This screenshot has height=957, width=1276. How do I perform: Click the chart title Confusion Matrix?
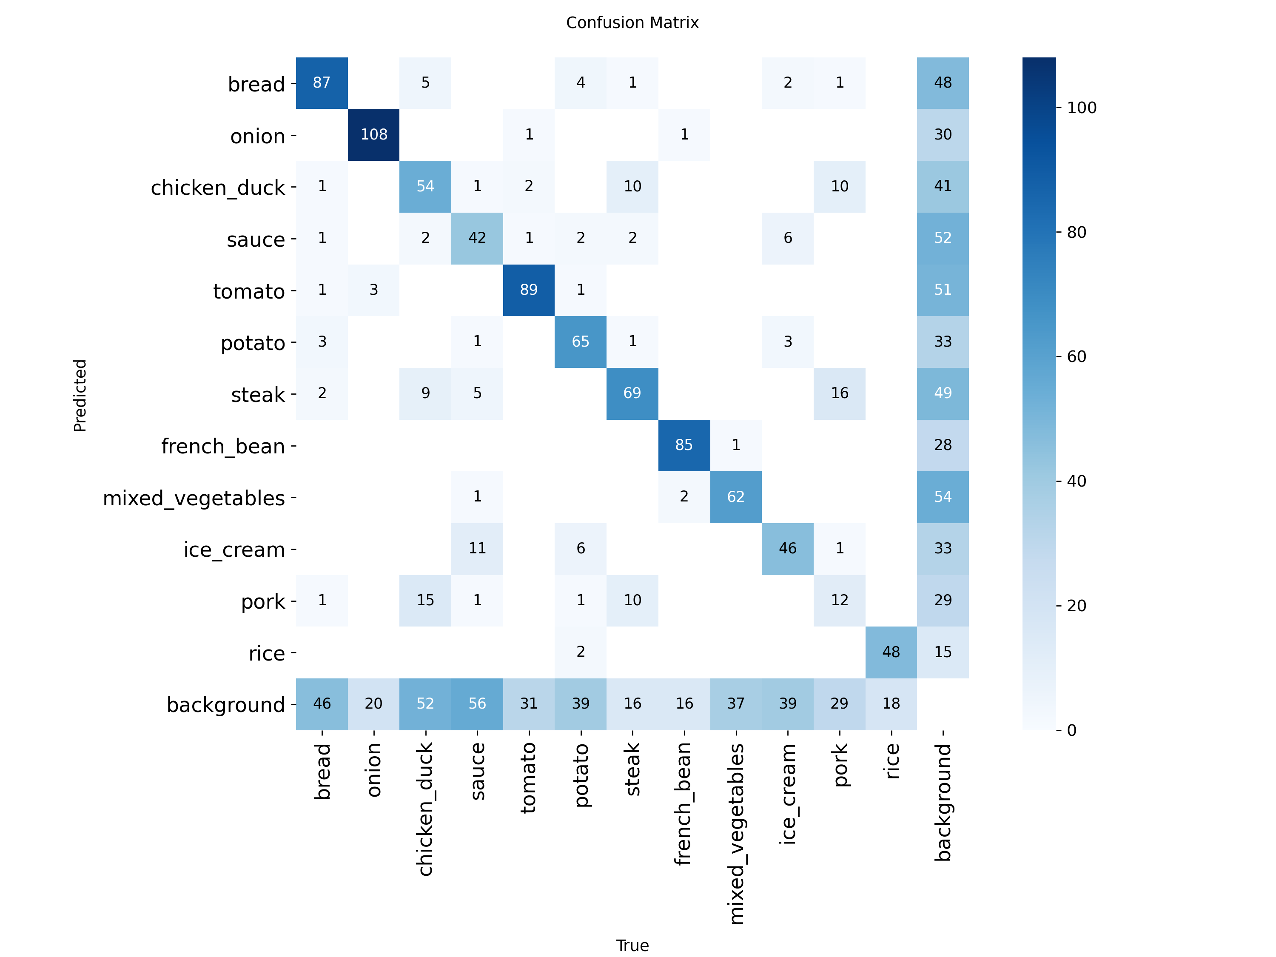[632, 23]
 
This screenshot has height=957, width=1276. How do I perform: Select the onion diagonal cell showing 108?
[374, 134]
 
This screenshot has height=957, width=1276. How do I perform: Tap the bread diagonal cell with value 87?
[322, 83]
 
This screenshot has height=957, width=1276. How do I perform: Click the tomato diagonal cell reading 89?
[529, 290]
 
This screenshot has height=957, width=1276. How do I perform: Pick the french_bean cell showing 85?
[684, 445]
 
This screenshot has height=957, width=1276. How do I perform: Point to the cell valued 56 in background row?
[477, 703]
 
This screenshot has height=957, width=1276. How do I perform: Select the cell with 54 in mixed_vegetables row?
[943, 497]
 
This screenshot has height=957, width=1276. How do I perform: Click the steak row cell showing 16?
[839, 393]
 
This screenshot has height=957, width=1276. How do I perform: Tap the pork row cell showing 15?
[425, 600]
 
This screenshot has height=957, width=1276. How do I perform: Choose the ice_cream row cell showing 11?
[477, 548]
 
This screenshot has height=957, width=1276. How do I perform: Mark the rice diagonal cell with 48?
[891, 652]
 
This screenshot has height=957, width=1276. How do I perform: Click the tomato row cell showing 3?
[374, 290]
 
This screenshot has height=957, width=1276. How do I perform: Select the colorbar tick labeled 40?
[1077, 481]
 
